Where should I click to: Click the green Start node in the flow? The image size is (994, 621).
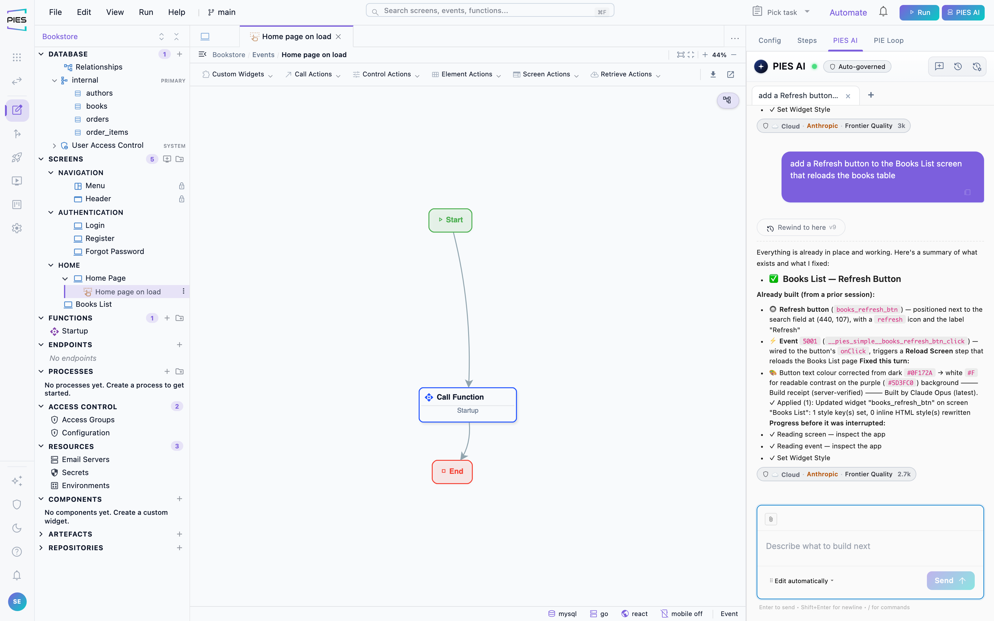click(450, 220)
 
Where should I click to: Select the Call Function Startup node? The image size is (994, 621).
click(467, 405)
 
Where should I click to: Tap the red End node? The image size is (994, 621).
click(452, 472)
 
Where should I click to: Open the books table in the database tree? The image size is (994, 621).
click(97, 106)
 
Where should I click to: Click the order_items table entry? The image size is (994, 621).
click(107, 132)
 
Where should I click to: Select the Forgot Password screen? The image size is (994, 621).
click(115, 252)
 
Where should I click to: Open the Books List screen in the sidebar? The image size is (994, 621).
click(93, 304)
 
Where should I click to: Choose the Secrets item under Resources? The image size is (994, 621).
click(75, 472)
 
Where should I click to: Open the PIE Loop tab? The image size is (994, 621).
click(888, 40)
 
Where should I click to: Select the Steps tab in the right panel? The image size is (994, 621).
click(807, 40)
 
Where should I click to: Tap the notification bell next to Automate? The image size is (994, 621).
click(883, 11)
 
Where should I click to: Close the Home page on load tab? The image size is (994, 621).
click(339, 37)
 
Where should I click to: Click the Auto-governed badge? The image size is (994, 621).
click(857, 66)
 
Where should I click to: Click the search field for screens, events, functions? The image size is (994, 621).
click(490, 11)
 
